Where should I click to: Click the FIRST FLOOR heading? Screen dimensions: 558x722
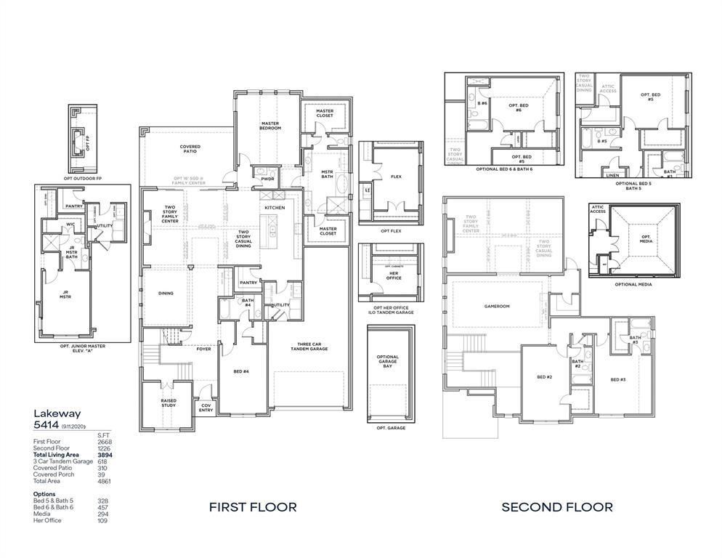(x=253, y=507)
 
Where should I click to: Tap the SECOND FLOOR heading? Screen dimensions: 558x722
(x=557, y=507)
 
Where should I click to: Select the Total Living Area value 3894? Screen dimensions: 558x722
(x=105, y=455)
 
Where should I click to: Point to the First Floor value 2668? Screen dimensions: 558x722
(x=105, y=442)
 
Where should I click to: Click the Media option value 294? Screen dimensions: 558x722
(x=102, y=514)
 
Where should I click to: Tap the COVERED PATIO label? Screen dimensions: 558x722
(x=190, y=149)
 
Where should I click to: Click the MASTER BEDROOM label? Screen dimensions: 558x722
(x=270, y=126)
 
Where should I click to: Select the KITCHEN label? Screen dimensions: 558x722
(x=275, y=208)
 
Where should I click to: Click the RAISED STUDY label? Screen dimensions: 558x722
(x=169, y=403)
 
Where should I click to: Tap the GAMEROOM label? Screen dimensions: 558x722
(x=497, y=307)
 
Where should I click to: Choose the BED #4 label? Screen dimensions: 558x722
(x=241, y=371)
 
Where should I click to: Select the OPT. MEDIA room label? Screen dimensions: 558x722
(x=646, y=239)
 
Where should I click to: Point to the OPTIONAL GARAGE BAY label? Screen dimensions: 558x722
(x=388, y=361)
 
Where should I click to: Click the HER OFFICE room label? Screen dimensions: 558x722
(x=394, y=277)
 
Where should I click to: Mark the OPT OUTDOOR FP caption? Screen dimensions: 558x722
(x=83, y=178)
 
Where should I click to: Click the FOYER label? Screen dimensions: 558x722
(x=203, y=349)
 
